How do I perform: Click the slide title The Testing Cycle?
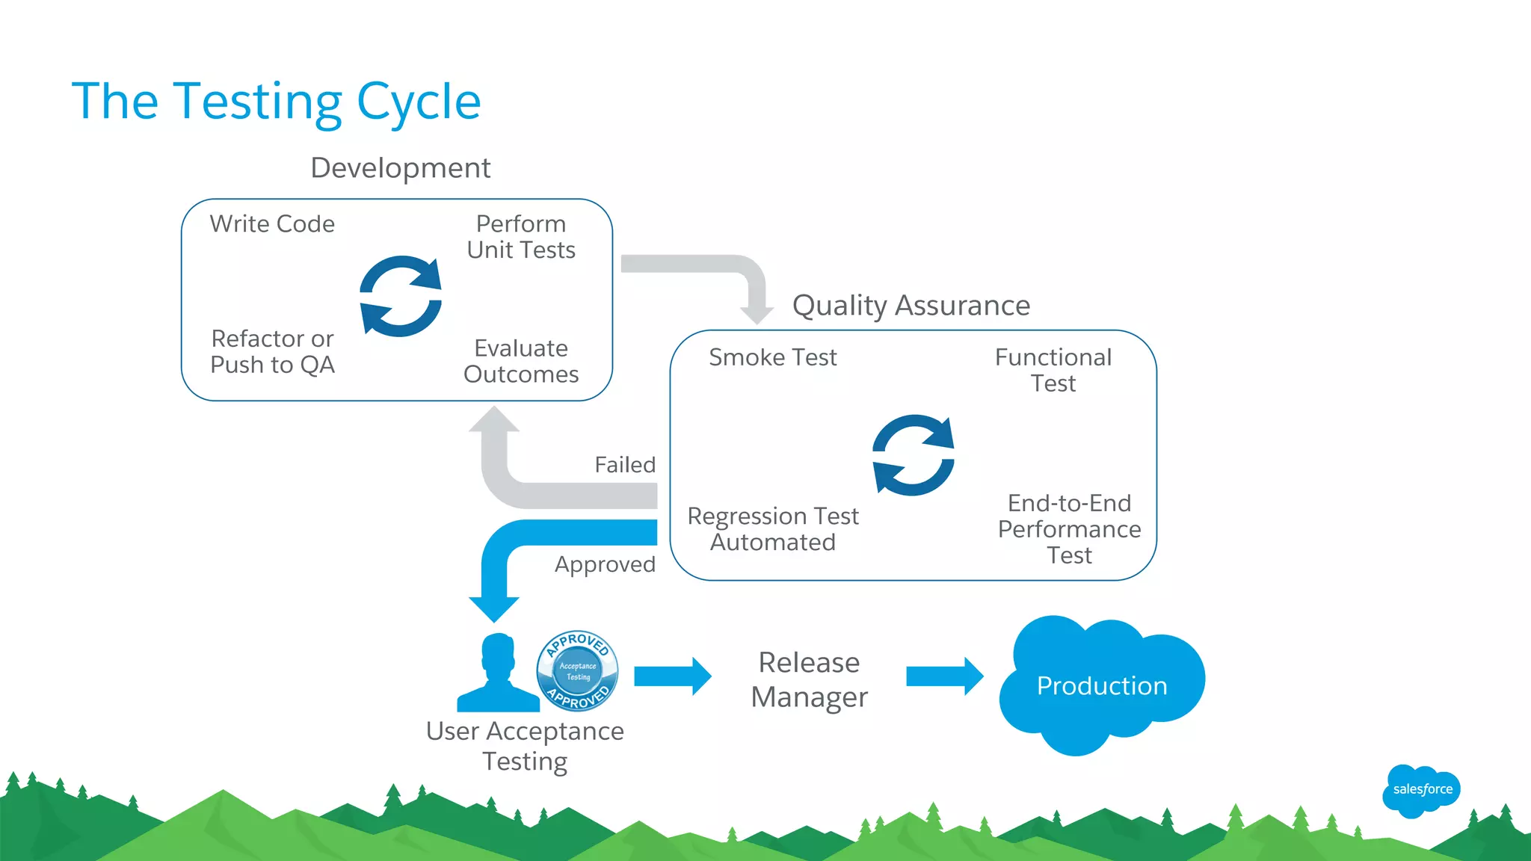click(276, 102)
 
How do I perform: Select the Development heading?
click(400, 168)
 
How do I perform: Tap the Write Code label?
click(272, 223)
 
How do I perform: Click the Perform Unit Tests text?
click(521, 237)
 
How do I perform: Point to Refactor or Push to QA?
click(272, 351)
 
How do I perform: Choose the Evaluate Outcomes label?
click(521, 361)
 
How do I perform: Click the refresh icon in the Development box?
click(401, 297)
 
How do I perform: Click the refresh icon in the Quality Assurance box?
click(913, 455)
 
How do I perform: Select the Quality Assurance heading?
click(911, 306)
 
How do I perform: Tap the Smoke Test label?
click(772, 357)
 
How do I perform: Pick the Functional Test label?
click(1053, 370)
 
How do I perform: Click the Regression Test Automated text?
click(772, 529)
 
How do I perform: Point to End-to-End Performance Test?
click(1069, 529)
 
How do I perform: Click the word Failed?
click(625, 465)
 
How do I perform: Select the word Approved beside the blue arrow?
click(605, 564)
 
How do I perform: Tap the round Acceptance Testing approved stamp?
click(577, 670)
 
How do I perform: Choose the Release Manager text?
click(809, 679)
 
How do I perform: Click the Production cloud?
click(1101, 685)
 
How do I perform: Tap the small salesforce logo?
click(1421, 790)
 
